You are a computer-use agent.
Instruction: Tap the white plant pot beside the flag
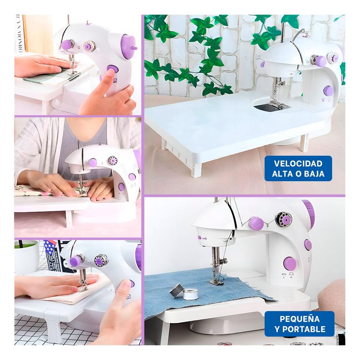26,257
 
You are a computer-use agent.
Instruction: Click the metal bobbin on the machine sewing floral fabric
113,161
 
